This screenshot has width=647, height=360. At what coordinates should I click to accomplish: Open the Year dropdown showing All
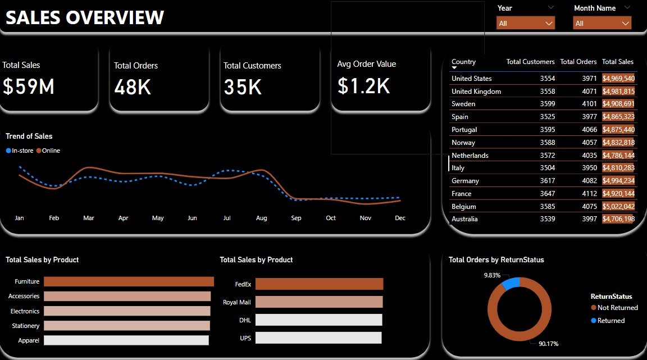tap(525, 23)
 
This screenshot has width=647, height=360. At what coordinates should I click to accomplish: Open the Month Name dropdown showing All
tap(602, 23)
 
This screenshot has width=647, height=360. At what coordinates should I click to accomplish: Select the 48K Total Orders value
tap(133, 86)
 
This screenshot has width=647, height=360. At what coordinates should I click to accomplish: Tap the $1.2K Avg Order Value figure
tap(363, 85)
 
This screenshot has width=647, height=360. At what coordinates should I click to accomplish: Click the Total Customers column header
tap(530, 62)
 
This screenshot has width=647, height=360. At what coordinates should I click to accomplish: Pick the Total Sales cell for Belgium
tap(618, 207)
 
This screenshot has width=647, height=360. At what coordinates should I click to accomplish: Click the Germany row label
tap(465, 181)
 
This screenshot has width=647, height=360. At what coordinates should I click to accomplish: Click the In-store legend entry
tap(20, 151)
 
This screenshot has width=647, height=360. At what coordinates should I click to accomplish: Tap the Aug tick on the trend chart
tap(261, 218)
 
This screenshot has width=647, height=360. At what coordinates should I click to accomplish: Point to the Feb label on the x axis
tap(54, 218)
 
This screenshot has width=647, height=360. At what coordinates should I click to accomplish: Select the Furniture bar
tap(129, 281)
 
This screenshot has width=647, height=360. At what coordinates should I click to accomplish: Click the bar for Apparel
tap(126, 340)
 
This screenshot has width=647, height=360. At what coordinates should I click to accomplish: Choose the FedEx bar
tap(318, 284)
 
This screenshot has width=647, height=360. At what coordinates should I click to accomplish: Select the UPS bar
tap(318, 338)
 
